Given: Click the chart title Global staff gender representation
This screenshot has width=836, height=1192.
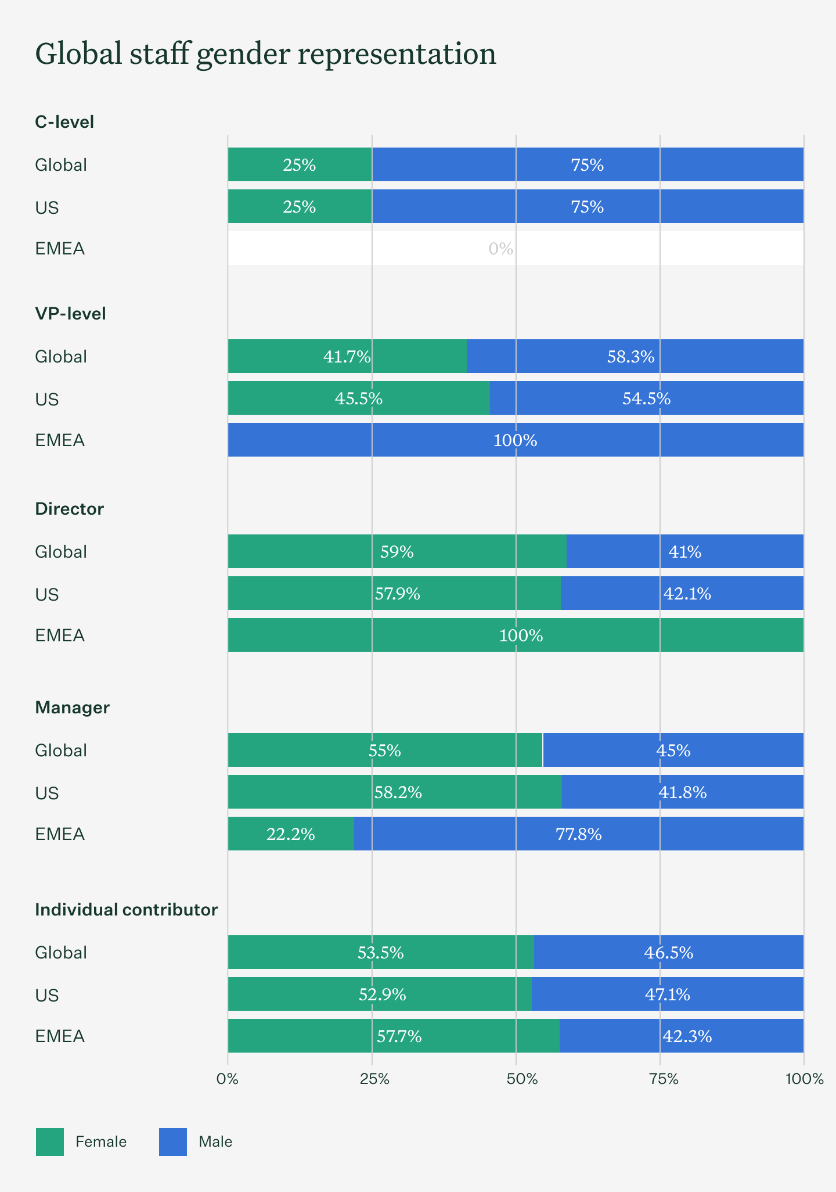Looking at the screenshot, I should pos(265,54).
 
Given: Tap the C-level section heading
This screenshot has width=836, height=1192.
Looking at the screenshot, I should pos(64,122).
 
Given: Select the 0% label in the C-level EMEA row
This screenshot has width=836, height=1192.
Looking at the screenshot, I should pos(500,249).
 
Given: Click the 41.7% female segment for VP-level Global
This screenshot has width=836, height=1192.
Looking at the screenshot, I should pos(347,356).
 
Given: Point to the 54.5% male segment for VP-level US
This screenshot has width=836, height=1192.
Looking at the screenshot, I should pos(646,398).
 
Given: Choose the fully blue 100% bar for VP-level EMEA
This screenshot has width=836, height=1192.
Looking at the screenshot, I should pos(515,440).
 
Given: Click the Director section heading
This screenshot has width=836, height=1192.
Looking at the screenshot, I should pos(69,509).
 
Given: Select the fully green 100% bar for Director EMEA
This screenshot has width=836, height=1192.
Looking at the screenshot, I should pos(515,636).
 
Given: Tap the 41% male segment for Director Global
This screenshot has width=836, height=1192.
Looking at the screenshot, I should pos(684,551).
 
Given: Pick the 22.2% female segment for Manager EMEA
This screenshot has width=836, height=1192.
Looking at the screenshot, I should pos(290,834).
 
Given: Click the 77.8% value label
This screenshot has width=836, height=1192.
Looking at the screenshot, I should pos(578,834).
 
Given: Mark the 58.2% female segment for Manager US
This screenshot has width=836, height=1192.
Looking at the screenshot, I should pos(398,792).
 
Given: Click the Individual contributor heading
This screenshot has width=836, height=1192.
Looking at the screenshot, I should pos(126,910).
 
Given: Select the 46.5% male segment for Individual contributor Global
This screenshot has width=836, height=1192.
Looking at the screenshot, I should pos(668,953).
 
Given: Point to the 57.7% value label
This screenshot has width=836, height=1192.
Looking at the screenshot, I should pos(399,1036).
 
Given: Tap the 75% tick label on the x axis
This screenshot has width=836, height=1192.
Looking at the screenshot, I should pos(664,1079).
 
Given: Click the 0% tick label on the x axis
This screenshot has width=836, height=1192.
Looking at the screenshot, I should pos(228,1079).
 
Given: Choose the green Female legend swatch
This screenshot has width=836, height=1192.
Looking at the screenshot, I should pos(50,1141).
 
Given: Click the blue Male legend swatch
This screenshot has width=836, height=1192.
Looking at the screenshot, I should pos(173,1141).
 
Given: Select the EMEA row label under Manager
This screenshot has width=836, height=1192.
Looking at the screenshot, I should pos(60,834).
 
